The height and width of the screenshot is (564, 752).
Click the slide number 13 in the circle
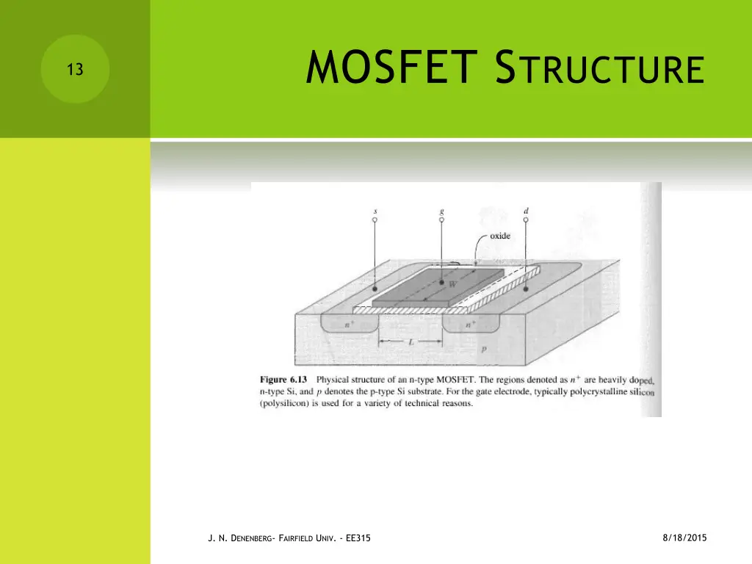(74, 70)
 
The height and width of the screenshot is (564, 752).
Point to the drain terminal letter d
(526, 210)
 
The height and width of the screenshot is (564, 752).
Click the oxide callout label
(500, 236)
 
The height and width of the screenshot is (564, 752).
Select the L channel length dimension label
(412, 342)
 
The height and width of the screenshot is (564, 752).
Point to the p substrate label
(482, 350)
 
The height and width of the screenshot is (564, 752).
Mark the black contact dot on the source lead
(375, 289)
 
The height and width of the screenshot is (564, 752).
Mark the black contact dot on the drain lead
(526, 290)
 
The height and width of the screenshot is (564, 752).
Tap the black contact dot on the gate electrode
(441, 282)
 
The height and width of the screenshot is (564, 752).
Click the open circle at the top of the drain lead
(526, 220)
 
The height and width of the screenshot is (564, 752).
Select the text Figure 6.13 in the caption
(283, 380)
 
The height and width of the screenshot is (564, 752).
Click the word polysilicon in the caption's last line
(286, 403)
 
